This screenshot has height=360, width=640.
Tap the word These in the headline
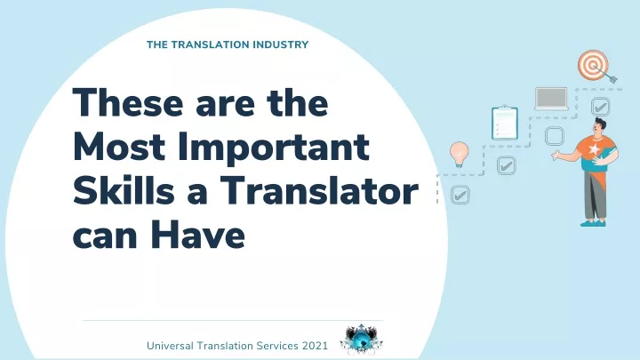[128, 102]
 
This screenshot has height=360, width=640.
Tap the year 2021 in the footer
[315, 346]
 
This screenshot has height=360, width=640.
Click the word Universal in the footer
[170, 346]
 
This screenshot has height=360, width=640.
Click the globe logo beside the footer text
[361, 340]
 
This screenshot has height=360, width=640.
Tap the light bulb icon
[460, 155]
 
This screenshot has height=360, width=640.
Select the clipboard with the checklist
[505, 123]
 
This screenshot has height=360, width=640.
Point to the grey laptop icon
[551, 99]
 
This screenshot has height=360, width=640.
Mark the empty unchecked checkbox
[555, 136]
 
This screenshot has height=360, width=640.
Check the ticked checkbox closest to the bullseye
[600, 107]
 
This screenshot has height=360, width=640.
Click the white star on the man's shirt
[594, 149]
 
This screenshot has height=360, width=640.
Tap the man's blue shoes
[593, 223]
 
